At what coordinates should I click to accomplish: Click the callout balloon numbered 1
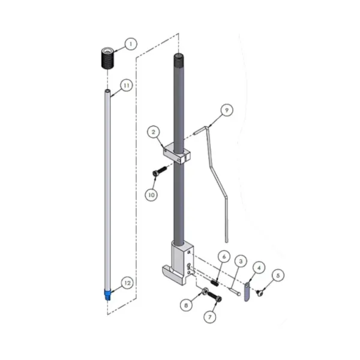tap(131, 44)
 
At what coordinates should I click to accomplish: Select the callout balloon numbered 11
tap(127, 85)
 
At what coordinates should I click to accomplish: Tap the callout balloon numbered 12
tap(127, 283)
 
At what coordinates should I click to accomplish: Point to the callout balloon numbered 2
tap(154, 132)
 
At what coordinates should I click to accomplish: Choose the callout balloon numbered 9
tap(227, 110)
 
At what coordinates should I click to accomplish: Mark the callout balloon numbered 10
tap(152, 195)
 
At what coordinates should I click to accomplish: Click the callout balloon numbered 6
tap(224, 257)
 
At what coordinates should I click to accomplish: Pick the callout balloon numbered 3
tap(241, 261)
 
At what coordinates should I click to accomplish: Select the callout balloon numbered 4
tap(259, 268)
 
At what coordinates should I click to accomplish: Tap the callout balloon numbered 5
tap(278, 275)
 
